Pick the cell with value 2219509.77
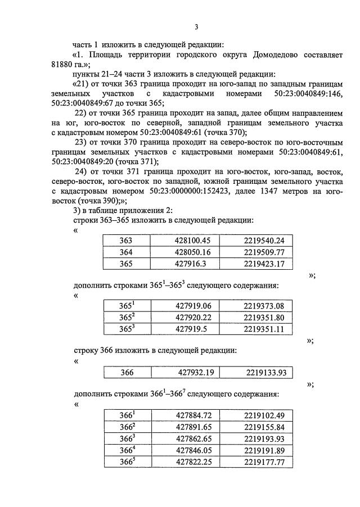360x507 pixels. [x=264, y=251]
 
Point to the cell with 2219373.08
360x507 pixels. [x=264, y=306]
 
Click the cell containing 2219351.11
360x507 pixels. [x=264, y=328]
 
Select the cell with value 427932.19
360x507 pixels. [x=196, y=372]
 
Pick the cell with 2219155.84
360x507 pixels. [x=264, y=427]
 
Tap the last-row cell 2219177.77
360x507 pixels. [x=264, y=461]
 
